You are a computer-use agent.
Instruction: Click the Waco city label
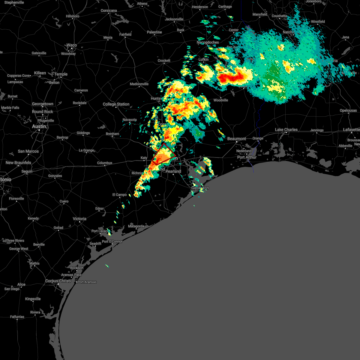(72, 45)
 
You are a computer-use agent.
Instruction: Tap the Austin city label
(39, 127)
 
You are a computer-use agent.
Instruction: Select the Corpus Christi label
(58, 281)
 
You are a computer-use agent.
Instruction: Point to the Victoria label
(79, 219)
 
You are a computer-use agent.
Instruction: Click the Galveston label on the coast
(200, 188)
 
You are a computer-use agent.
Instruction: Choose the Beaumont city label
(237, 139)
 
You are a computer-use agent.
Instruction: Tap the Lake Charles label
(286, 130)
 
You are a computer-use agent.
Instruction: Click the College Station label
(116, 104)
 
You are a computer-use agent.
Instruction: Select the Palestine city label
(154, 32)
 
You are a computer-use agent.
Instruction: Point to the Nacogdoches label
(208, 42)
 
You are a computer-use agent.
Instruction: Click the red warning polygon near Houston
(163, 154)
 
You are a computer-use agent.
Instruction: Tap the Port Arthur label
(247, 157)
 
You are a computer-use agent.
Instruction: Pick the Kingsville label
(33, 299)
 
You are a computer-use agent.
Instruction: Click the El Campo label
(119, 195)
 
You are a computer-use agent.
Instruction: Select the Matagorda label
(136, 226)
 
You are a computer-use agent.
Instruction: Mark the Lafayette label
(351, 130)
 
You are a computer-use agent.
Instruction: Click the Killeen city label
(40, 73)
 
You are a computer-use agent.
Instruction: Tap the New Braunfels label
(18, 163)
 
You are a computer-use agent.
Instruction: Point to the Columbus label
(104, 163)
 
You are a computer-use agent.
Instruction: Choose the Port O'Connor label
(112, 241)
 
